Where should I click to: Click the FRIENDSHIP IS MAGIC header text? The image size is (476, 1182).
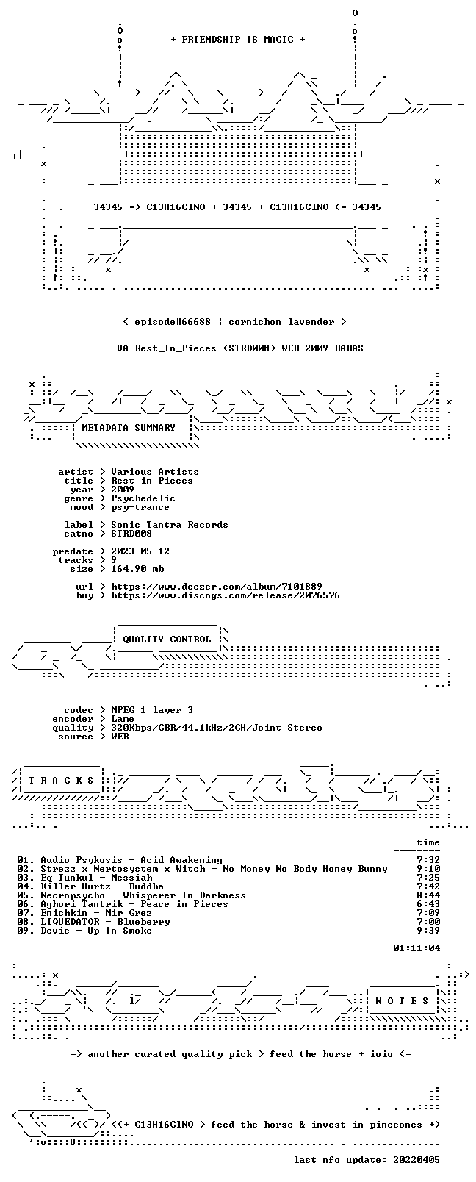click(238, 40)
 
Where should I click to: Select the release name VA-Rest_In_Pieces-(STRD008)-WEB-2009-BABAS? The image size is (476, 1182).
click(240, 348)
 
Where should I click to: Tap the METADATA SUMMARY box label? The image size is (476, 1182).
click(129, 427)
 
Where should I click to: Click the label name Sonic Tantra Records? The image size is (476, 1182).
click(170, 525)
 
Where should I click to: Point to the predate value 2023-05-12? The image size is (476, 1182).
click(140, 551)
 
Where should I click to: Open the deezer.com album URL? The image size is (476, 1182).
click(217, 587)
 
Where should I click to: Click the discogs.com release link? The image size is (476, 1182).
click(226, 595)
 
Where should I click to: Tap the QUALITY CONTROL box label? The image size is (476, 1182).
click(167, 639)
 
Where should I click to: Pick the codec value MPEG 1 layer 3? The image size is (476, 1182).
click(152, 710)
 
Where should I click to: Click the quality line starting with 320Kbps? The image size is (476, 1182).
click(217, 728)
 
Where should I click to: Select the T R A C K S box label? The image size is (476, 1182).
click(61, 781)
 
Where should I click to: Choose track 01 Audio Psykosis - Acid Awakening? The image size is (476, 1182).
click(120, 860)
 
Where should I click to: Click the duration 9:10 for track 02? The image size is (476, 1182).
click(428, 869)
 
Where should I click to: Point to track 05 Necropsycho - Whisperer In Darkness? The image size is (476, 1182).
click(131, 895)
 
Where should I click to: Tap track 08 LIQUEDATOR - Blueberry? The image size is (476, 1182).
click(93, 921)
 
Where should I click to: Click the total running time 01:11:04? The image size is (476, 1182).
click(416, 948)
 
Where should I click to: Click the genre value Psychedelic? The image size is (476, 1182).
click(143, 498)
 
